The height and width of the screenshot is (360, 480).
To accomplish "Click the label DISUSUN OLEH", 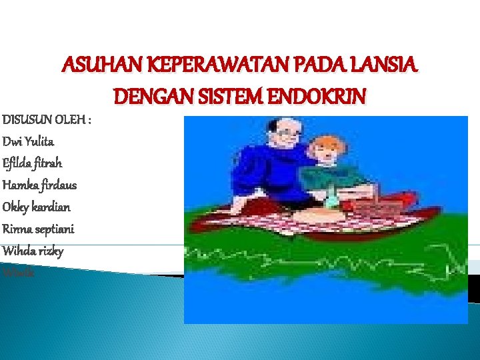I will tap(46, 120).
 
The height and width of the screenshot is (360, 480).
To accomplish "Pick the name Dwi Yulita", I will tap(29, 141).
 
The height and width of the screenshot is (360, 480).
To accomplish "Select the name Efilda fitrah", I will tap(32, 163).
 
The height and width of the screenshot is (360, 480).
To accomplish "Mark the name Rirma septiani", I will tap(38, 229).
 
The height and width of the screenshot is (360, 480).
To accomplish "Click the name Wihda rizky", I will tap(33, 251).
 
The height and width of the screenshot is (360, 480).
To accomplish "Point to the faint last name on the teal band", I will tap(18, 272).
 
